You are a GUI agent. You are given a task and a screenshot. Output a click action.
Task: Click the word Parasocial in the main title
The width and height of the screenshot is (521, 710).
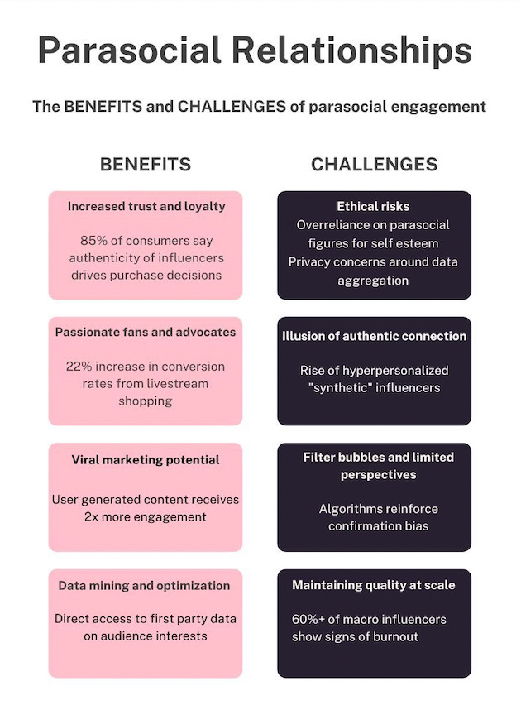click(x=128, y=51)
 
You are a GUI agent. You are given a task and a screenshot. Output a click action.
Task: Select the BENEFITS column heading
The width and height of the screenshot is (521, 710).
click(x=146, y=165)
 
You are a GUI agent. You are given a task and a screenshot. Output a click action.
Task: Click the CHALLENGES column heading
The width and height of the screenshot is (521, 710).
click(x=374, y=165)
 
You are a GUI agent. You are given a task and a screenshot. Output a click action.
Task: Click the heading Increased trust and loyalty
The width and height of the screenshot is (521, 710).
click(x=146, y=206)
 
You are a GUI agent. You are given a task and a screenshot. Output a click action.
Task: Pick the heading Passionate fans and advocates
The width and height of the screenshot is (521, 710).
click(x=146, y=332)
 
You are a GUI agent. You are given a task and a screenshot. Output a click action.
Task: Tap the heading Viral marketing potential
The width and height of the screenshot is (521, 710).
click(x=146, y=459)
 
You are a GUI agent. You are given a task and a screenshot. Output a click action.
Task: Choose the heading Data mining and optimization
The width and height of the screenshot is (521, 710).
click(x=145, y=585)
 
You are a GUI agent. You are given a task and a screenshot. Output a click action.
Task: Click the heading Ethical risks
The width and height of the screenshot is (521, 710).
click(x=373, y=206)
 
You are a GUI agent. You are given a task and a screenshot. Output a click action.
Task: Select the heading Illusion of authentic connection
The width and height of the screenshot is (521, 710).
click(x=374, y=336)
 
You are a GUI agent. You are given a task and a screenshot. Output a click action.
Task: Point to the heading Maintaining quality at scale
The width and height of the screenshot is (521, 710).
click(x=374, y=585)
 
